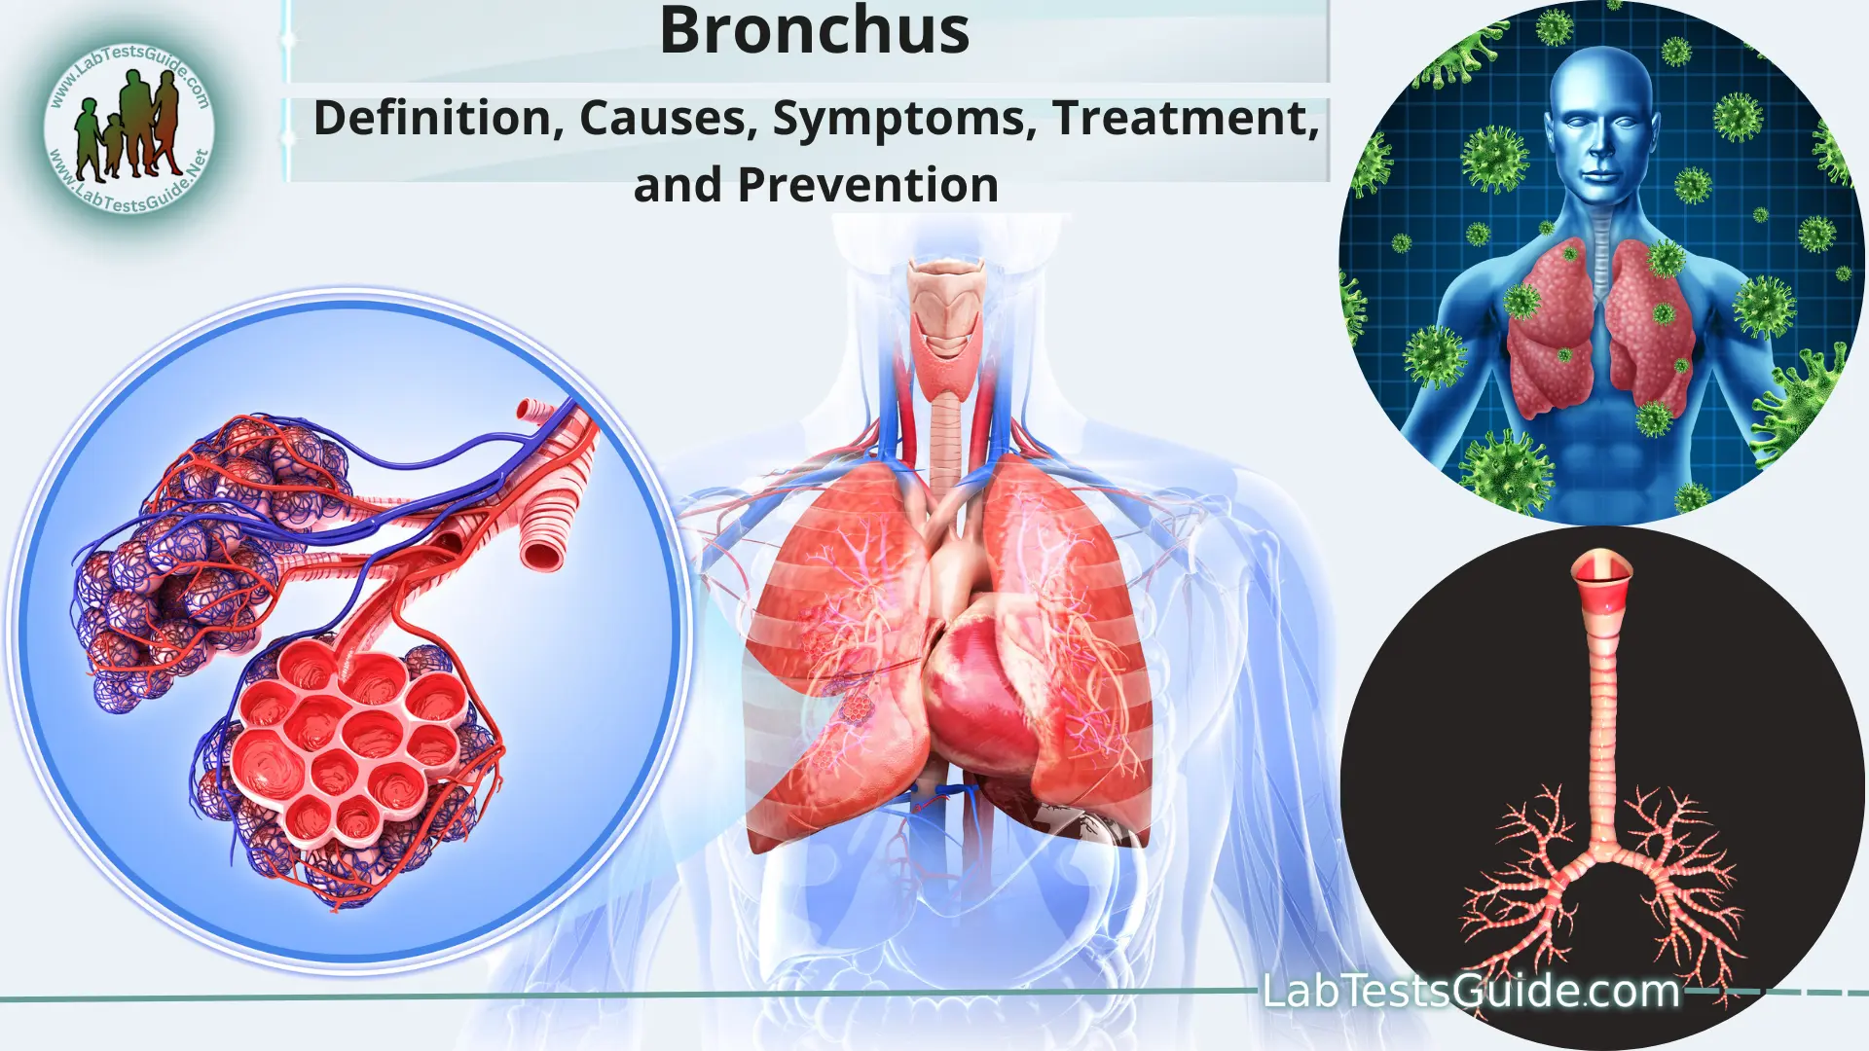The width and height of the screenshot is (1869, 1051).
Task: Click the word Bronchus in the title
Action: (x=814, y=31)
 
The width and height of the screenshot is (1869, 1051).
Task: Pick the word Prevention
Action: (x=867, y=185)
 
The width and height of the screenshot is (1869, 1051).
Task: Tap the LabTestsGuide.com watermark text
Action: (x=1471, y=991)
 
